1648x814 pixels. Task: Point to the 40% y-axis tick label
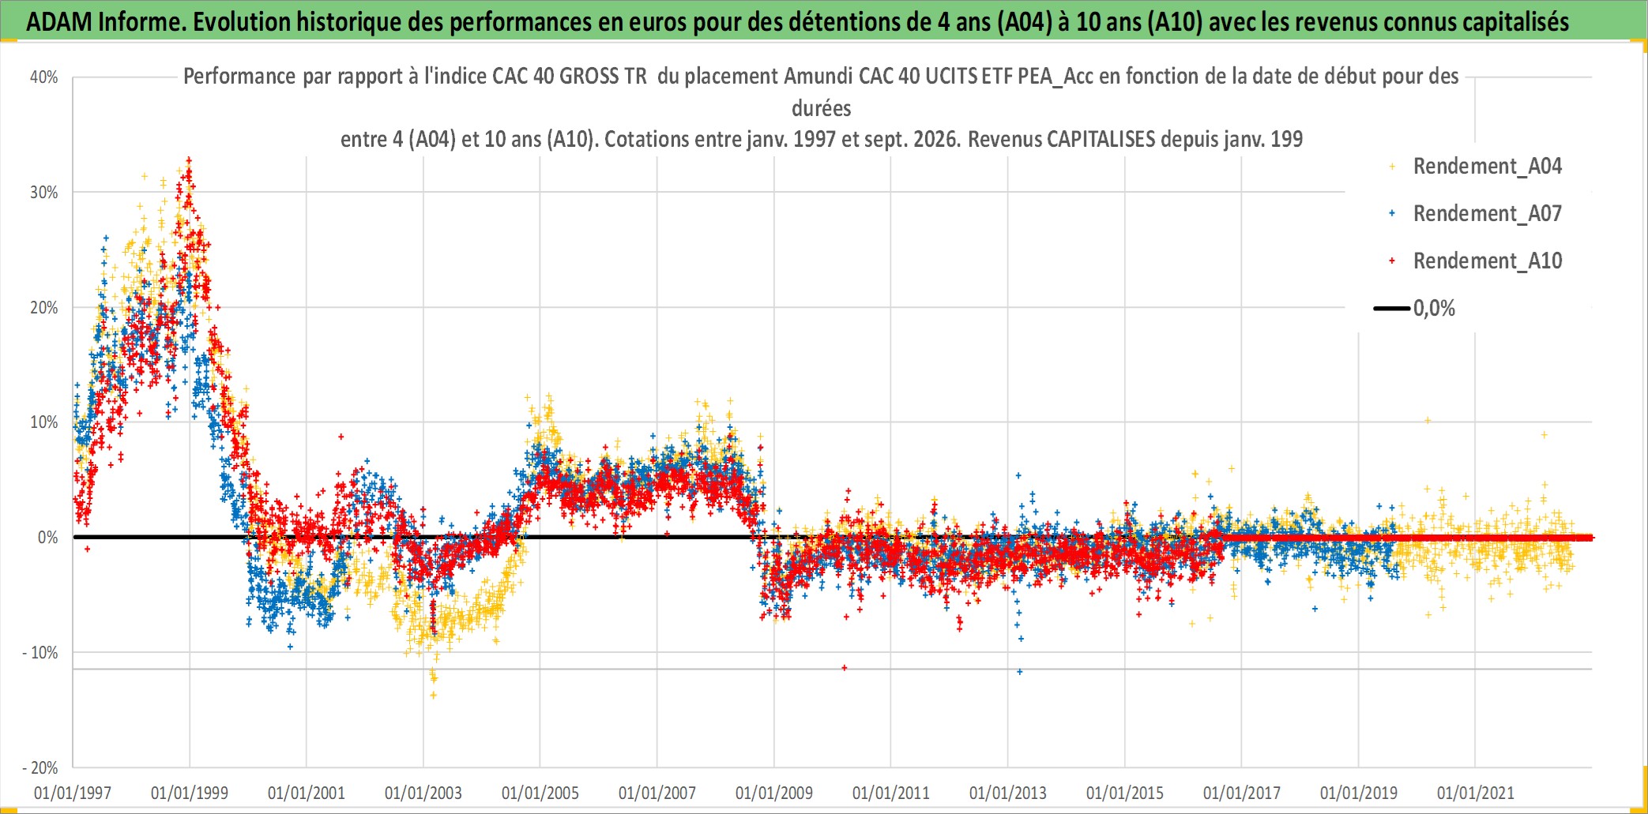pos(44,77)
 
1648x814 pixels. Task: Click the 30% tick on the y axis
pos(44,193)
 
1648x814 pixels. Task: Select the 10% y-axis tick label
pos(44,422)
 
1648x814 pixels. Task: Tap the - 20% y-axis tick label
pos(40,767)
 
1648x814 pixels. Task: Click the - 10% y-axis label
pos(40,653)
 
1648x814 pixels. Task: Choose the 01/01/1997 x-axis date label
pos(73,793)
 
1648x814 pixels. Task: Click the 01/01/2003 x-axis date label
pos(423,793)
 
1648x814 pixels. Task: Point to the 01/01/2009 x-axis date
pos(774,793)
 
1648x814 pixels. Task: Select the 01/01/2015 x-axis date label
pos(1125,793)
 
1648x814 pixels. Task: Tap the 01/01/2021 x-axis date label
pos(1476,793)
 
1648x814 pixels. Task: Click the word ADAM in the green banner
pos(59,21)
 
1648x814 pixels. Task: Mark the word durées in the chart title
pos(822,108)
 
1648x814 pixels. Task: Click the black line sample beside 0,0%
pos(1391,308)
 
